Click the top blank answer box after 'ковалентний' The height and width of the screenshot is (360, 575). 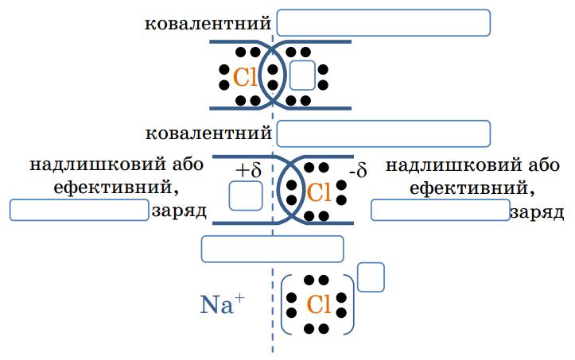coord(383,22)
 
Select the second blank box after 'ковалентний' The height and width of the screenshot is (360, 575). coord(383,134)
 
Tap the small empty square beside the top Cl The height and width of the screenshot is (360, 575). coord(302,75)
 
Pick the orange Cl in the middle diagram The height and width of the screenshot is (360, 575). coord(317,192)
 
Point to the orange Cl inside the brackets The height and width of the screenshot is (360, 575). coord(317,304)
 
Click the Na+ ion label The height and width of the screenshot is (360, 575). coord(222,305)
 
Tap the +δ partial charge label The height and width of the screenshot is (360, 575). coord(248,170)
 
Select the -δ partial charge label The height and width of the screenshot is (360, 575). coord(357,172)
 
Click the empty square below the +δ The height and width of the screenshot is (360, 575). coord(246,196)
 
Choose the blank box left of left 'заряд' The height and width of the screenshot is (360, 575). coord(79,210)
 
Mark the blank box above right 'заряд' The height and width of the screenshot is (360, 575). coord(440,210)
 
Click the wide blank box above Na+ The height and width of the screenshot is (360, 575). coord(272,249)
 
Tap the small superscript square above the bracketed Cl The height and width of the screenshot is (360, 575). coord(371,277)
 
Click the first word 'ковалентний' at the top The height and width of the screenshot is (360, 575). coord(208,23)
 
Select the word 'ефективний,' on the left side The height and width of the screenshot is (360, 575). coord(112,188)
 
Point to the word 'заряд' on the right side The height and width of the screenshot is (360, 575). coord(537,213)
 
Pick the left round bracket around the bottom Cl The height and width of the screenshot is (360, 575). coord(286,305)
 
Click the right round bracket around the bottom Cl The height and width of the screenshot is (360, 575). coord(350,305)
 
